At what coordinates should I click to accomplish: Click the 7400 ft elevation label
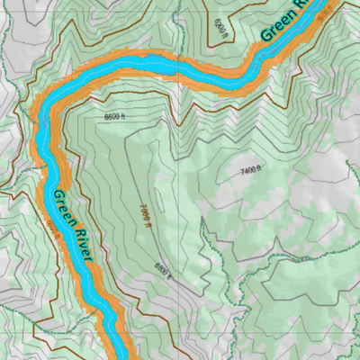click(250, 168)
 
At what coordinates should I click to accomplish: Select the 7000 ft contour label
click(145, 216)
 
